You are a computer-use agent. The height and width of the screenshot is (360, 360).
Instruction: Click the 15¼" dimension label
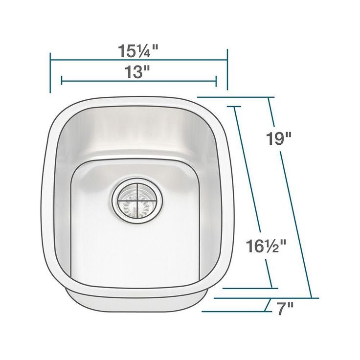pos(138,51)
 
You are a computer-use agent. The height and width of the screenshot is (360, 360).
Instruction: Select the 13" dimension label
pos(137,71)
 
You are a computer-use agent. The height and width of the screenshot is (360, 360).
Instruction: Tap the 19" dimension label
pos(278,138)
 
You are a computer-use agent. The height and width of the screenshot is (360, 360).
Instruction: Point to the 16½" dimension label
pos(266,246)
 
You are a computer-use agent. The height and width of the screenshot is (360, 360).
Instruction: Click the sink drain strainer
pos(137,201)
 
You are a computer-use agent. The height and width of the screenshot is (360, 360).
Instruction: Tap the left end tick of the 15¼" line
pos(50,73)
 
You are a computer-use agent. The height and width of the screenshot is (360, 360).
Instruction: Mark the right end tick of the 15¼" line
pos(227,69)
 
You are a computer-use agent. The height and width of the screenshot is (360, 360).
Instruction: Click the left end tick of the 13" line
pos(62,80)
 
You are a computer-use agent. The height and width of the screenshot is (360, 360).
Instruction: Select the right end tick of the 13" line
pos(216,81)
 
